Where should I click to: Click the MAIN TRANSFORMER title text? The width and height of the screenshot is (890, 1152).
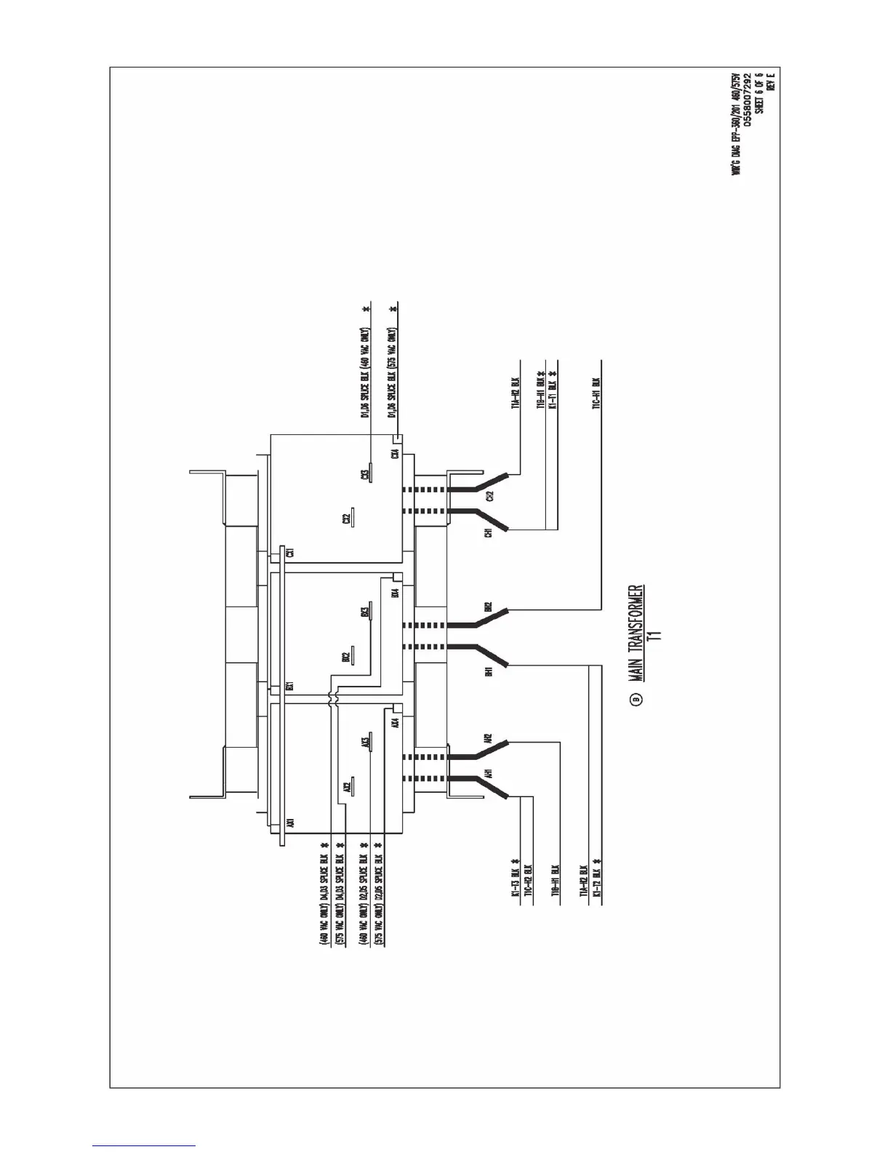click(636, 632)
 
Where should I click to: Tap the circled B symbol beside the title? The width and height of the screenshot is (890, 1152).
click(636, 700)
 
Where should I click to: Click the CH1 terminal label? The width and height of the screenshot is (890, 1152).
click(489, 533)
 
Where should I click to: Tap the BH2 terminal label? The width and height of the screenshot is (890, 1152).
click(489, 607)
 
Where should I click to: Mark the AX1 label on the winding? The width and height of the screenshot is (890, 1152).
click(289, 824)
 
